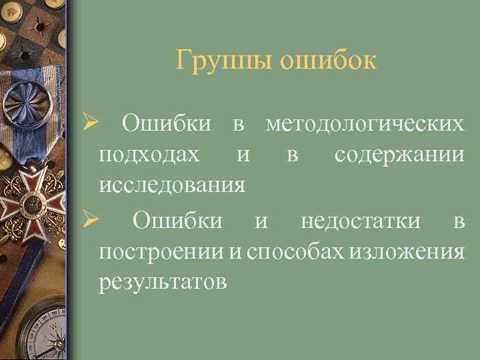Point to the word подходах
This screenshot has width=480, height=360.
(x=148, y=154)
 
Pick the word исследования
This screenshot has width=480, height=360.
(x=171, y=184)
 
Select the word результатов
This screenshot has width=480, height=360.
(x=163, y=281)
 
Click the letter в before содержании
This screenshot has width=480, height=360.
(x=292, y=155)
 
